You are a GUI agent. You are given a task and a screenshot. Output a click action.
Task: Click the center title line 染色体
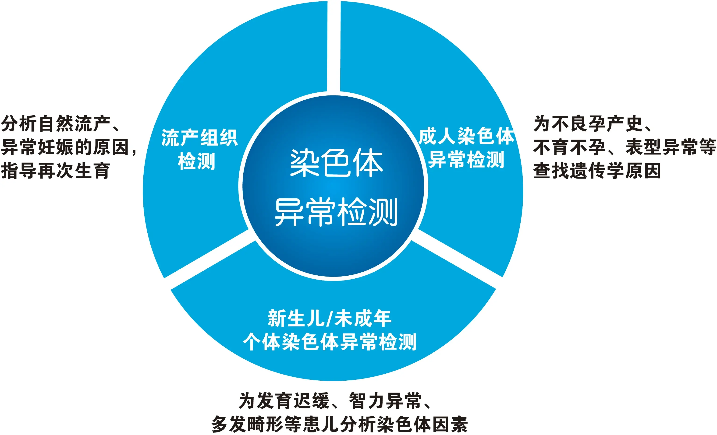(336, 163)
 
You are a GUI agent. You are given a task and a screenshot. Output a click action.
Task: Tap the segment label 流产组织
(200, 137)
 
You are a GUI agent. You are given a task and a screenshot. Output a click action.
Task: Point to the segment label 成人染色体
(466, 136)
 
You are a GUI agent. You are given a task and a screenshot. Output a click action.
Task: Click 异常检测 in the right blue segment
(466, 160)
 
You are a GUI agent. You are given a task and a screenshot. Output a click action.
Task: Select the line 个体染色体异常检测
(330, 342)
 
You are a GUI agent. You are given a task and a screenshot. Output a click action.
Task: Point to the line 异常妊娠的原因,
(69, 147)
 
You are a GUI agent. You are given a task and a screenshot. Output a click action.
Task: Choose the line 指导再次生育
(56, 170)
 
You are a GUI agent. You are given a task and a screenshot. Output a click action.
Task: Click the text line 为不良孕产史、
(593, 123)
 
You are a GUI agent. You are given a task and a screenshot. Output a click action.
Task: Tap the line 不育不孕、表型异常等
(625, 147)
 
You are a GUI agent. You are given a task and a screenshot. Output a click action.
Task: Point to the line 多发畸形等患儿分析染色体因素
(340, 424)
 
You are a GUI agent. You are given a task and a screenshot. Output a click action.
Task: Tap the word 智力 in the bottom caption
(367, 400)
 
